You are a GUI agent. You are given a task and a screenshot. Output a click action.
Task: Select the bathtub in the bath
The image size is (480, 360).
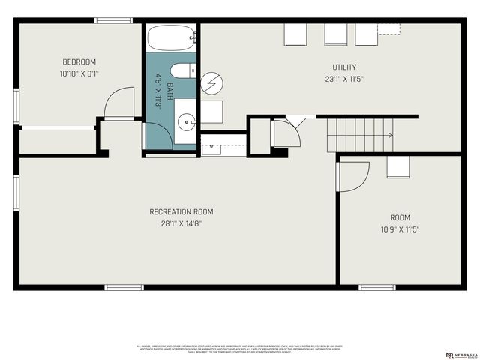click(x=170, y=37)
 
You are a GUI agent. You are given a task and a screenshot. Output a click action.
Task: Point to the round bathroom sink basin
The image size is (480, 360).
click(x=186, y=119)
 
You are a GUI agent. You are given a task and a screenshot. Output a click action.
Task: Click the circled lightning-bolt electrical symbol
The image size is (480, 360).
click(x=214, y=83)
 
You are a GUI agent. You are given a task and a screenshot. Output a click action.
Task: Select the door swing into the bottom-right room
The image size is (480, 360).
click(x=352, y=176)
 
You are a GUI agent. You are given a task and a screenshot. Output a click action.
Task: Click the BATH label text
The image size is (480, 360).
click(x=169, y=91)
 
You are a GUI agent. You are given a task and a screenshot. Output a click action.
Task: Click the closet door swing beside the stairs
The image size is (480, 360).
click(x=286, y=133)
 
